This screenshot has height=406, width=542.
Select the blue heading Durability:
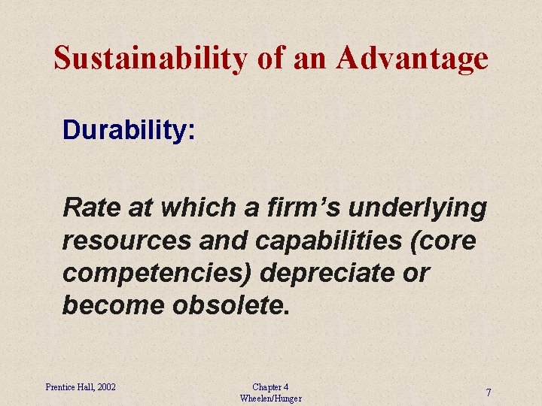pos(129,130)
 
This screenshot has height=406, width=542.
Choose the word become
pos(111,305)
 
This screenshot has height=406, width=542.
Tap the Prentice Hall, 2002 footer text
pos(81,387)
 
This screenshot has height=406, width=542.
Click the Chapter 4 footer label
pos(270,387)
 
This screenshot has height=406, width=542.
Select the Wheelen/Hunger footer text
pos(270,398)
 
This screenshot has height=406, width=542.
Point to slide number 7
pos(489,393)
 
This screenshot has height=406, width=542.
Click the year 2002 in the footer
pos(105,387)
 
